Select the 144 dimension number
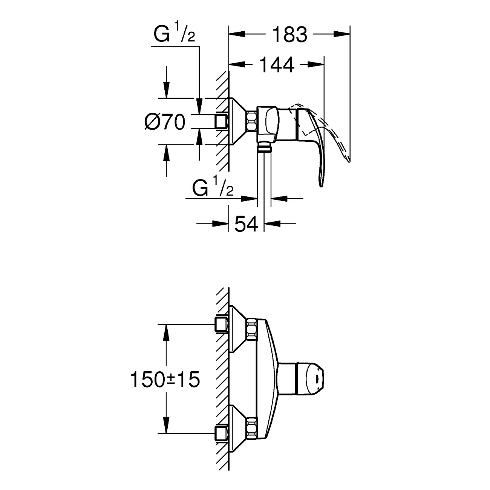[277, 65]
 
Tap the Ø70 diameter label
[164, 122]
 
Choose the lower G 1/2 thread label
[213, 187]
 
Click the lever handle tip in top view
[321, 184]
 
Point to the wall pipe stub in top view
[222, 122]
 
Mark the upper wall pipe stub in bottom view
[222, 325]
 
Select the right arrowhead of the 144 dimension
[316, 65]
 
